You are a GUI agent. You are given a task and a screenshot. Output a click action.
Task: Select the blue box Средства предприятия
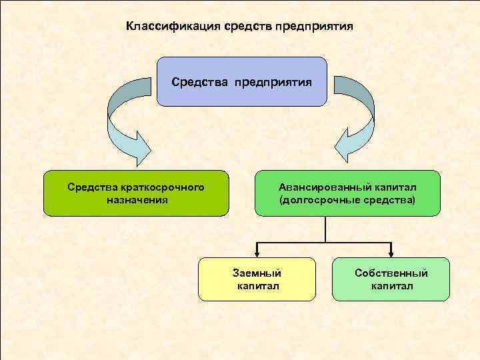[x=242, y=82]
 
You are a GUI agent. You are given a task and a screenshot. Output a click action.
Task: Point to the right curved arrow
[x=359, y=120]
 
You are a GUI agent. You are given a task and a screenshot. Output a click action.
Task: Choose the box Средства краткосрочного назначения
[x=136, y=193]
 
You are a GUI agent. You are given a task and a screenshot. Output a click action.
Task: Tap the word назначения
[x=137, y=199]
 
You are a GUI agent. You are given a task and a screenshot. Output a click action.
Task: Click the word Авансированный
[x=321, y=187]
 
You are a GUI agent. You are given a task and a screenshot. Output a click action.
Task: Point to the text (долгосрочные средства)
[x=347, y=199]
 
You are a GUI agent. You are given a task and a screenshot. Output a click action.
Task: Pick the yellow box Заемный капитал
[x=257, y=279]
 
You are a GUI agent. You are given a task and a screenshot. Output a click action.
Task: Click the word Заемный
[x=257, y=273]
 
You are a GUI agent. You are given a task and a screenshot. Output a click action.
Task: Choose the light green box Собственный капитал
[x=391, y=279]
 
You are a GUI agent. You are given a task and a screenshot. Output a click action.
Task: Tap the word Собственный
[x=391, y=273]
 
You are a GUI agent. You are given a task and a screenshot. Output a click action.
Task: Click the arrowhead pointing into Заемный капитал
[x=257, y=253]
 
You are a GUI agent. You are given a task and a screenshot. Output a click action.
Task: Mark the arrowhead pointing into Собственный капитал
[x=391, y=253]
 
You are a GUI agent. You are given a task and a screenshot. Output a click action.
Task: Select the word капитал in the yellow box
[x=257, y=286]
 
